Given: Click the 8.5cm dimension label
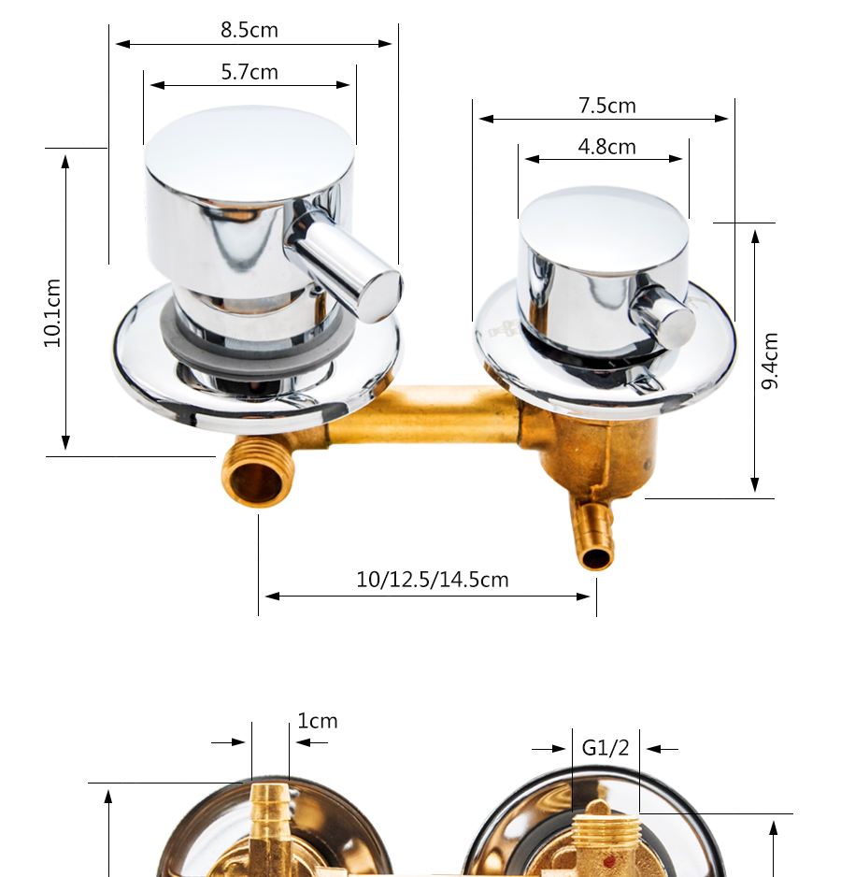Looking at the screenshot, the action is pyautogui.click(x=249, y=30).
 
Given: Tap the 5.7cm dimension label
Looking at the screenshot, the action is pyautogui.click(x=249, y=72).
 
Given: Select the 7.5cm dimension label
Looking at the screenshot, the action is pyautogui.click(x=606, y=105).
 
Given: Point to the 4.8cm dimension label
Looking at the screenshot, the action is pyautogui.click(x=606, y=147).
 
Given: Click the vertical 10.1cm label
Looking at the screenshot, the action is pyautogui.click(x=52, y=313).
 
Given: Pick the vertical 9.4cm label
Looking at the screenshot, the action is pyautogui.click(x=770, y=361).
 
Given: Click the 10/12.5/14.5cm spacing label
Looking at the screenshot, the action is pyautogui.click(x=433, y=580).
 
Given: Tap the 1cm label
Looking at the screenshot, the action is pyautogui.click(x=317, y=720).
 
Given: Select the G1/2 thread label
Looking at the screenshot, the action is pyautogui.click(x=606, y=747).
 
